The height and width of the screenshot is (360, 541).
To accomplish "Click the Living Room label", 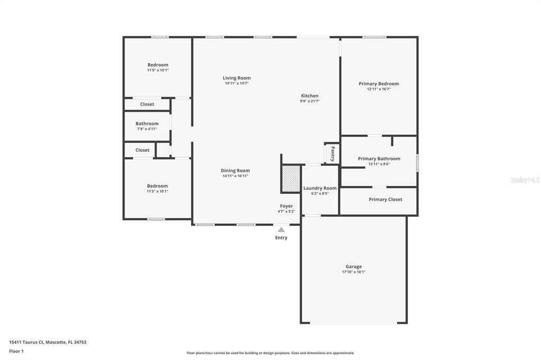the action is click(x=237, y=78).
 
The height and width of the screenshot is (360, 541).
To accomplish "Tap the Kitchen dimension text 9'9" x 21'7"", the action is click(x=310, y=101).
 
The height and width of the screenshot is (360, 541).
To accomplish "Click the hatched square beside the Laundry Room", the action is click(x=291, y=178).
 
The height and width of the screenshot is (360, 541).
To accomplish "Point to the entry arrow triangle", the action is click(x=282, y=230).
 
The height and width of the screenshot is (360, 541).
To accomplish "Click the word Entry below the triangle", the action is click(x=281, y=238).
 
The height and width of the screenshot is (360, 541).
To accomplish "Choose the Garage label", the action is click(x=353, y=267).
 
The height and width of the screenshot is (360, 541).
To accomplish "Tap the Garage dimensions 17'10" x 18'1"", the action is click(x=353, y=272).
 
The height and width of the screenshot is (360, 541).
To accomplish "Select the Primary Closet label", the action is click(x=385, y=200).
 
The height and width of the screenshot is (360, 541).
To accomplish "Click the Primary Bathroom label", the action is click(x=379, y=158).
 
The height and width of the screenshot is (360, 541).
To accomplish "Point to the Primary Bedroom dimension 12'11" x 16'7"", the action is click(x=379, y=89).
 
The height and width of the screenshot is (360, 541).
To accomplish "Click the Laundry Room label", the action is click(x=320, y=188).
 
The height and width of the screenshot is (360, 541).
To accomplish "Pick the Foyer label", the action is click(x=286, y=206).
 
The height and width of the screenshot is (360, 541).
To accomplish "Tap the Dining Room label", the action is click(x=235, y=170).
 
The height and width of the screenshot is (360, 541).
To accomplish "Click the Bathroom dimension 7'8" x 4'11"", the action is click(x=147, y=129).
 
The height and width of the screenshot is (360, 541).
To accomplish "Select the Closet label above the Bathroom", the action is click(x=147, y=104).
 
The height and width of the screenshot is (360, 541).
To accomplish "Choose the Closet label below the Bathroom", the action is click(x=143, y=150).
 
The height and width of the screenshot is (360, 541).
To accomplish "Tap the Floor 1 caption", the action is click(x=16, y=352).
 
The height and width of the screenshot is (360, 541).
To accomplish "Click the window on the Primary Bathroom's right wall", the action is click(x=417, y=163).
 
